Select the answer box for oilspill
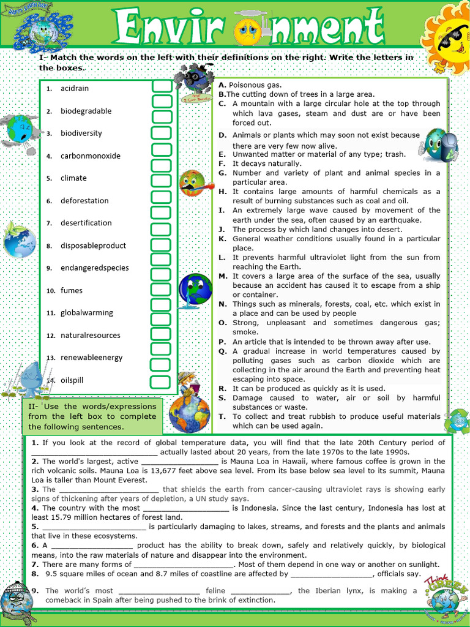pyautogui.click(x=162, y=380)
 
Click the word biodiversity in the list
pyautogui.click(x=81, y=133)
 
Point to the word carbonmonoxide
pyautogui.click(x=91, y=156)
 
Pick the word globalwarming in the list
pyautogui.click(x=87, y=312)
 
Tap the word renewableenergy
pyautogui.click(x=91, y=357)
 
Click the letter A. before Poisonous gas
pyautogui.click(x=222, y=85)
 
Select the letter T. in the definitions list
pyautogui.click(x=222, y=416)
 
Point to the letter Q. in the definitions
pyautogui.click(x=222, y=351)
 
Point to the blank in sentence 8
pyautogui.click(x=331, y=574)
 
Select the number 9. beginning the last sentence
pyautogui.click(x=35, y=590)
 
